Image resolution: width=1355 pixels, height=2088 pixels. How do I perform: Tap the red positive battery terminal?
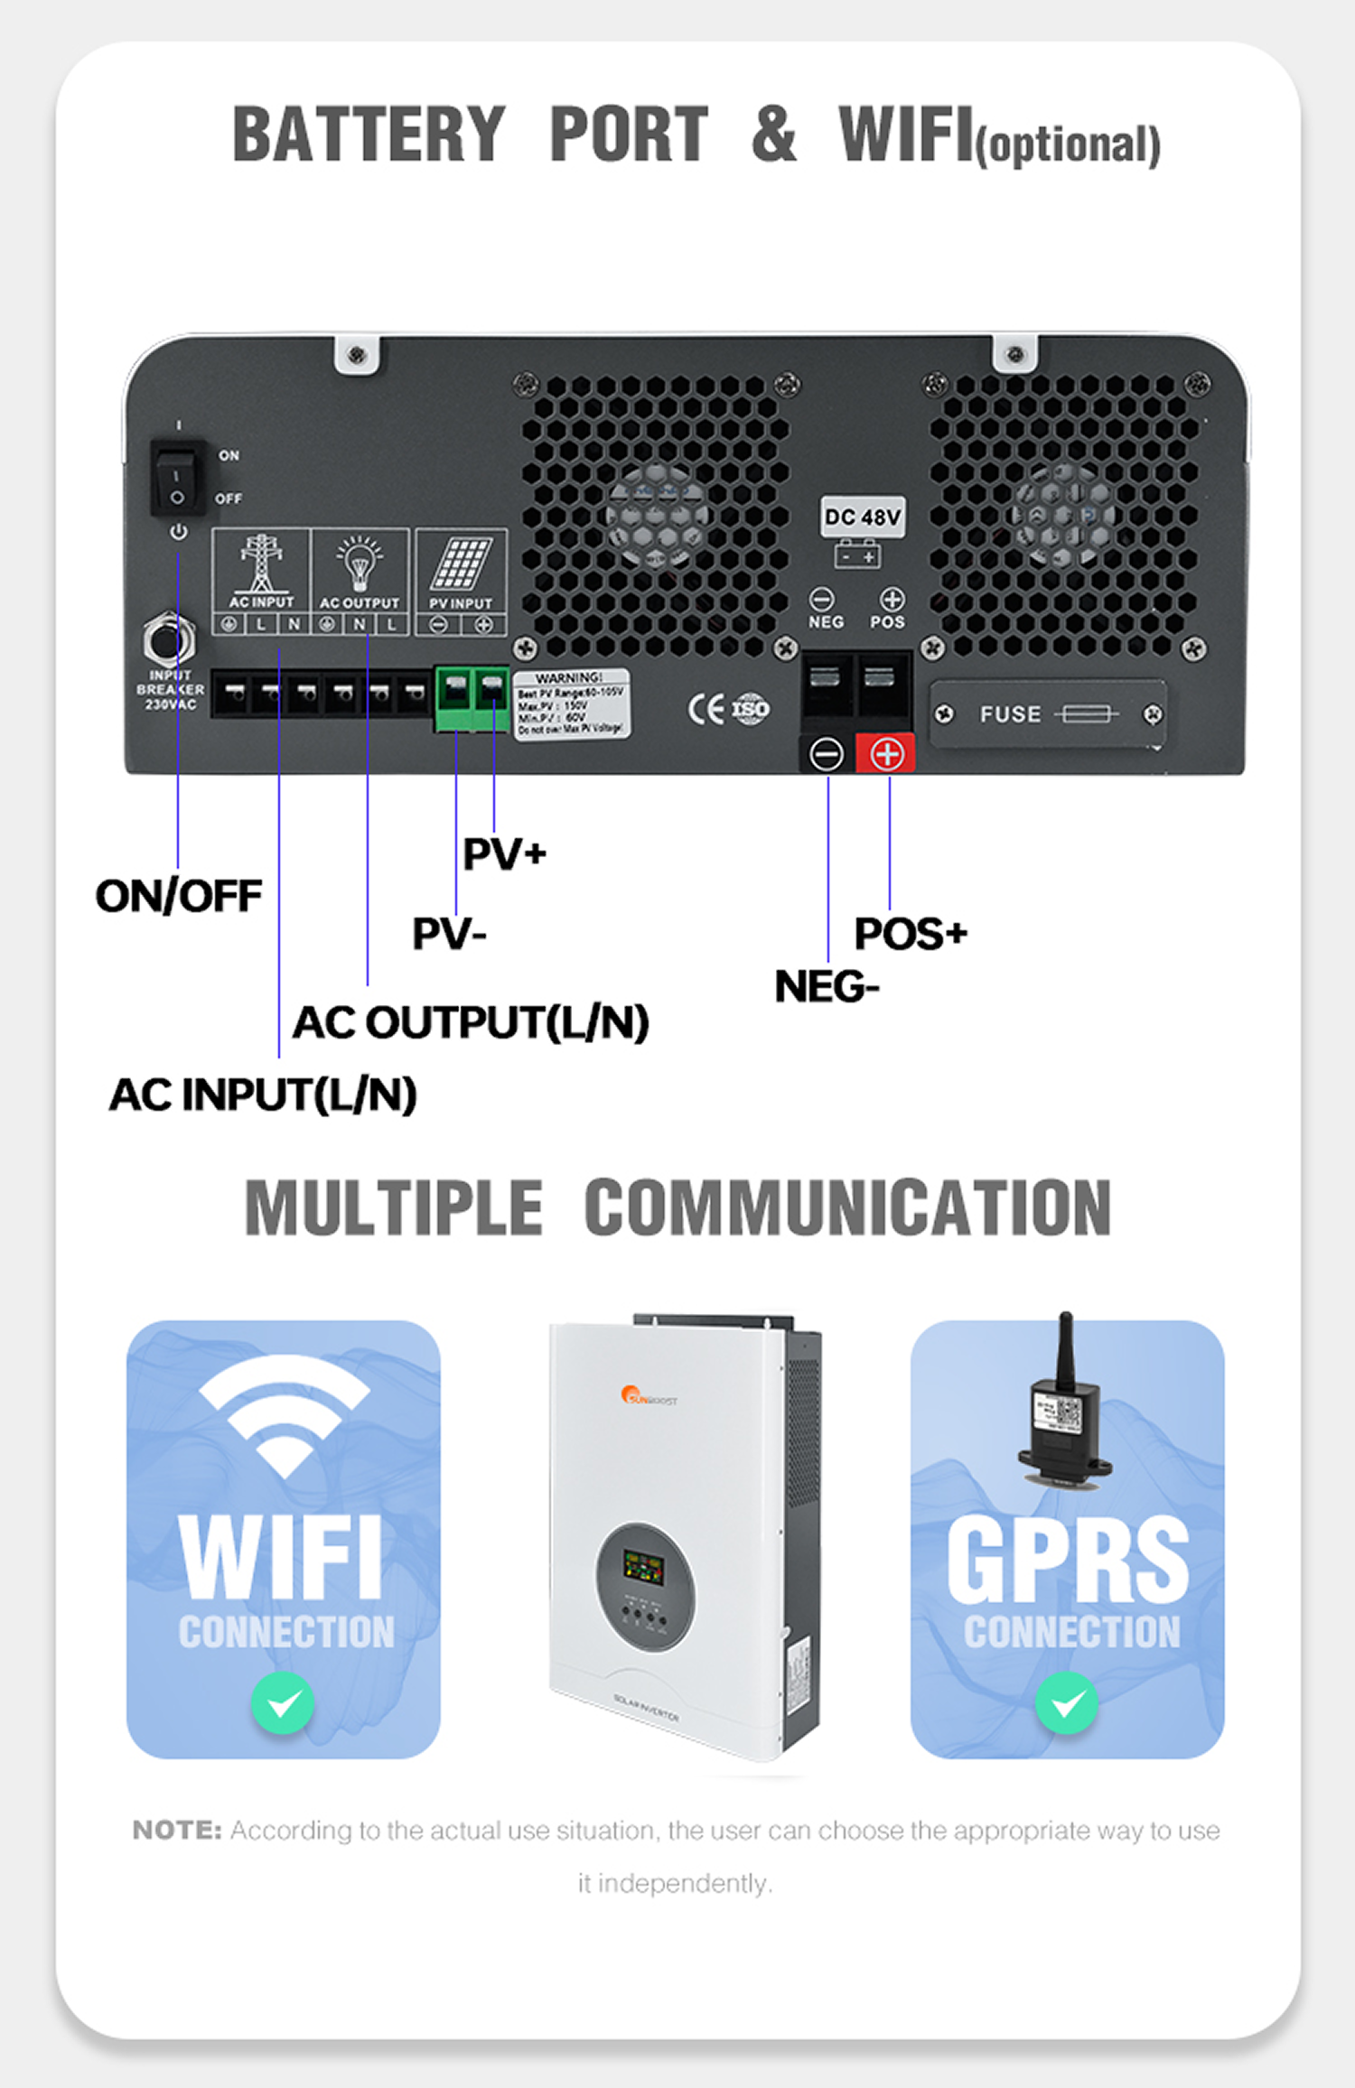tap(886, 753)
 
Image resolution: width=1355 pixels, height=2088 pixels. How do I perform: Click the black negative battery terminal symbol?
tap(827, 753)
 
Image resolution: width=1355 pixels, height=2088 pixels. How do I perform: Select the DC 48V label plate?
tap(863, 517)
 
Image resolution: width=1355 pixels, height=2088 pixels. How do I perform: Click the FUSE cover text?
tap(1010, 714)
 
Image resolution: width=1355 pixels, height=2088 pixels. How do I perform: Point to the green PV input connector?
tap(472, 699)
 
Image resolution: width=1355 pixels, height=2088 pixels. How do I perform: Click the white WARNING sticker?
tap(571, 704)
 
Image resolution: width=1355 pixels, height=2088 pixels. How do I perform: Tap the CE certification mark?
tap(706, 709)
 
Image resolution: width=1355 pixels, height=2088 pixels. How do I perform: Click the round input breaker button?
tap(169, 641)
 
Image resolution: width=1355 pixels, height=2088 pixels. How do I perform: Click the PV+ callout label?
tap(504, 853)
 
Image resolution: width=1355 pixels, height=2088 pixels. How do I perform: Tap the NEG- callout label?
tap(827, 986)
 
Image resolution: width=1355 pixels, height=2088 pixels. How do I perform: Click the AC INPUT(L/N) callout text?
tap(263, 1095)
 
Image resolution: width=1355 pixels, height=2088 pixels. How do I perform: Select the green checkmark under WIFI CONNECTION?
tap(283, 1703)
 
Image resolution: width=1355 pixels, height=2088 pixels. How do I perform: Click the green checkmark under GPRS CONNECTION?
tap(1067, 1703)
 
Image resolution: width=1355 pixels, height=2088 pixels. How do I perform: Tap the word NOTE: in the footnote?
tap(177, 1831)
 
